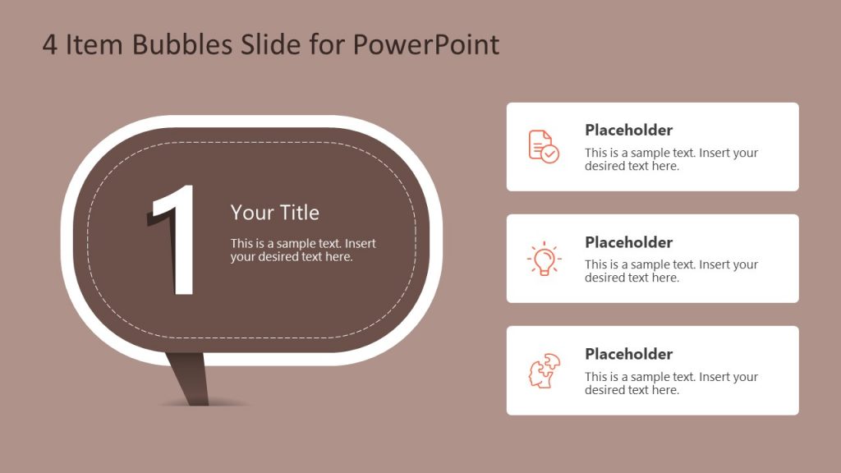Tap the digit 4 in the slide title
point(50,45)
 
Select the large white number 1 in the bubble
point(176,240)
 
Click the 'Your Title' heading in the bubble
point(274,213)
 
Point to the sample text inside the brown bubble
point(303,250)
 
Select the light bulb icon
point(544,259)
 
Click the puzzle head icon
point(544,370)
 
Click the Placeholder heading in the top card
point(628,130)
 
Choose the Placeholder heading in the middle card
point(628,242)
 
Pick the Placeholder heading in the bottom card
point(628,354)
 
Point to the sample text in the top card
point(671,159)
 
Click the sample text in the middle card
point(671,271)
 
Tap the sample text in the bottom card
point(671,383)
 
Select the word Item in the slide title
point(91,44)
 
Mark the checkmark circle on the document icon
point(550,154)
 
